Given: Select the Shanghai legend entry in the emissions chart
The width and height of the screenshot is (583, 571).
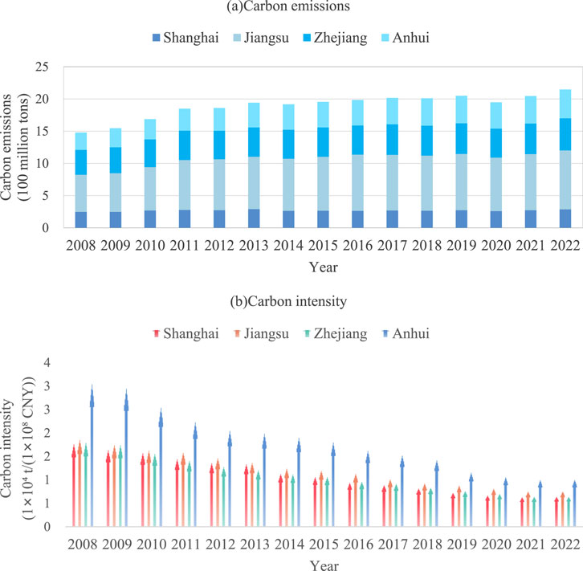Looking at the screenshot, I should click(x=184, y=37).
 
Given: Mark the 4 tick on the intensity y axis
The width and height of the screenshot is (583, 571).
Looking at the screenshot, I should click(x=51, y=363).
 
